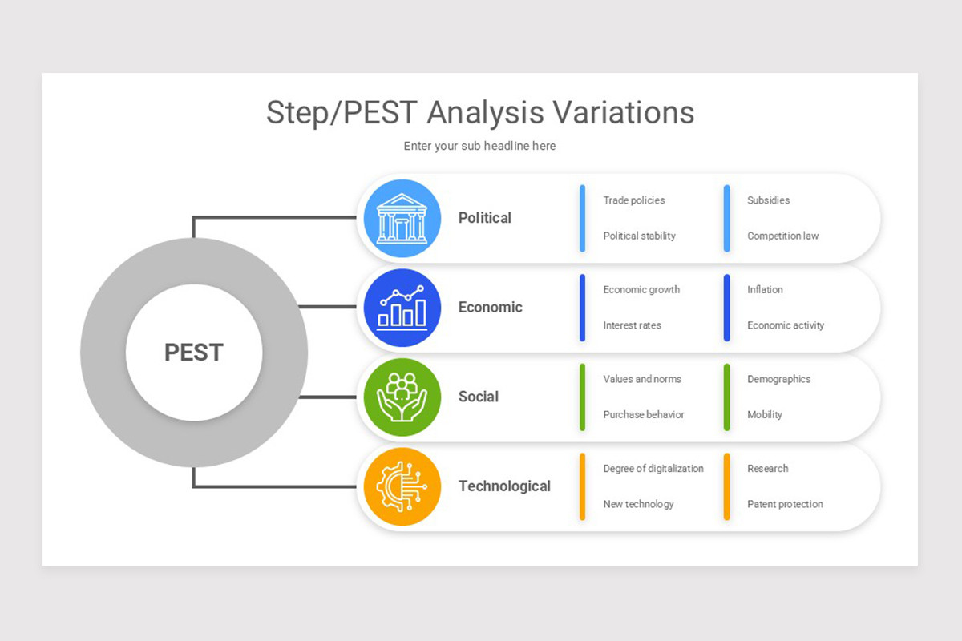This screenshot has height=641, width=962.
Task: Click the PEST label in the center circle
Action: (x=194, y=353)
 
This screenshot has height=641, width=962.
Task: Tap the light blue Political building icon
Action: (x=402, y=218)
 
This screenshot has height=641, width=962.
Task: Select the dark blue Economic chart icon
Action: (x=402, y=308)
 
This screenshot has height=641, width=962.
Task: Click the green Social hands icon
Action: (x=402, y=397)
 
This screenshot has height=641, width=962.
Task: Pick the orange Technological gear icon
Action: (x=402, y=486)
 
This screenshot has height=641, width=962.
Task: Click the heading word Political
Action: (x=484, y=218)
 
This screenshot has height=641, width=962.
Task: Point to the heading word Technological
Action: (x=504, y=486)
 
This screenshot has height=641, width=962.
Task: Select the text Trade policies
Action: (x=633, y=200)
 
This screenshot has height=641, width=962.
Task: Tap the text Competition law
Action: (x=782, y=236)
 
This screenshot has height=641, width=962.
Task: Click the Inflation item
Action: (x=765, y=290)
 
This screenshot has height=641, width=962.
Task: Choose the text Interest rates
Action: (x=632, y=326)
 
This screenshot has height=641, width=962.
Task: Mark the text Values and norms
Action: (x=642, y=379)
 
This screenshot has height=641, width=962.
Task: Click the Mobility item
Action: (x=764, y=415)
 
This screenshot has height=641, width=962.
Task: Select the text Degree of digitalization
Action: (x=653, y=469)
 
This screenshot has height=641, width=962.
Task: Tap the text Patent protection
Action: (x=785, y=505)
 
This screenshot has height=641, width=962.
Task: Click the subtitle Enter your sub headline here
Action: (x=479, y=146)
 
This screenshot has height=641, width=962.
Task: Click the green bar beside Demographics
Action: (x=727, y=397)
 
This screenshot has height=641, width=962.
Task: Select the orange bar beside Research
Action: (x=727, y=486)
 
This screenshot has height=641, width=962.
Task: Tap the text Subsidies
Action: (x=768, y=200)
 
